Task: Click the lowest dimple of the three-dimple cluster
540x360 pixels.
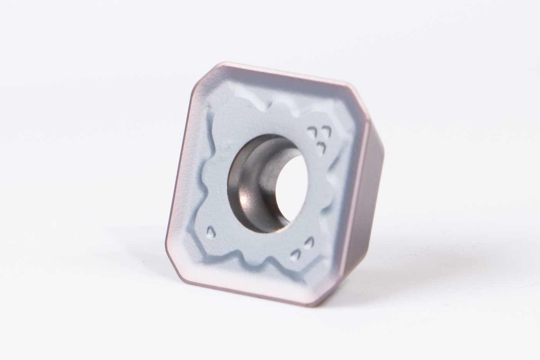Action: tap(320, 146)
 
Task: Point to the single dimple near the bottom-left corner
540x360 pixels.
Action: tap(211, 232)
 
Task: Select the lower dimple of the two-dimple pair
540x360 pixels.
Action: tap(295, 254)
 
